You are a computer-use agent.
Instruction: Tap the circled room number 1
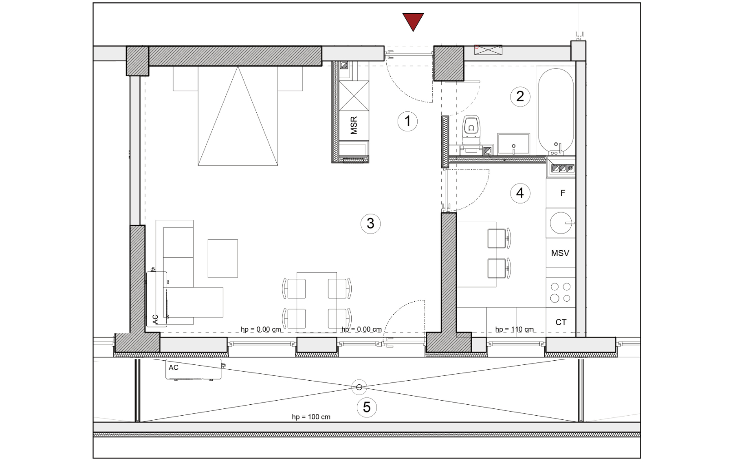click(408, 121)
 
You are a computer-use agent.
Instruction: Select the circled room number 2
click(520, 96)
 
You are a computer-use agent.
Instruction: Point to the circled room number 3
click(370, 224)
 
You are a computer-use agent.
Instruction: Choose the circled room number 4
click(520, 194)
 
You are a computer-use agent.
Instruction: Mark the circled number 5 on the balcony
click(366, 407)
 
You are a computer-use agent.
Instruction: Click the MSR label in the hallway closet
click(354, 125)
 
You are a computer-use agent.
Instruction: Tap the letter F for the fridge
click(563, 194)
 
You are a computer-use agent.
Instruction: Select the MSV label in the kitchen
click(560, 253)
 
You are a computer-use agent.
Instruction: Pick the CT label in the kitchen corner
click(561, 322)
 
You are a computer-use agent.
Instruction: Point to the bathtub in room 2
click(556, 111)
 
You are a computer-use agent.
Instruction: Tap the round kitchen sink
click(561, 223)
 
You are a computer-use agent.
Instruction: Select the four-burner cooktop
click(561, 293)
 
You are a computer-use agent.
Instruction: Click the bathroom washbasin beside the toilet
click(514, 144)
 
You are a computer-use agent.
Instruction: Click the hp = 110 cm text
click(514, 329)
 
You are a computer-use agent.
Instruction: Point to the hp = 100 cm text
click(311, 417)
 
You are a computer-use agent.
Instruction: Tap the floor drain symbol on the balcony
click(359, 387)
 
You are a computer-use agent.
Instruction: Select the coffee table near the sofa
click(223, 258)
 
